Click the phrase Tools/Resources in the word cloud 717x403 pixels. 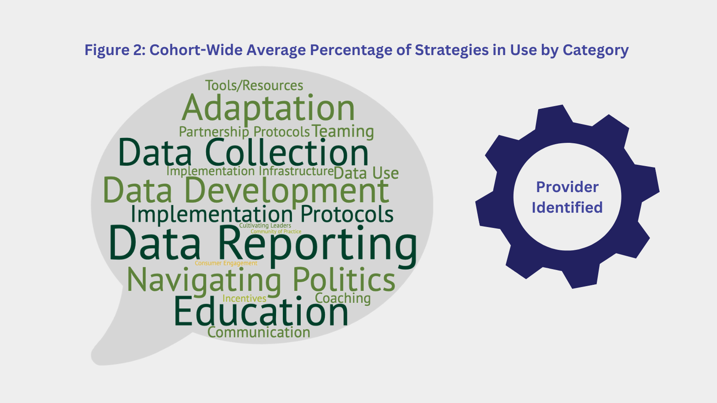[254, 86]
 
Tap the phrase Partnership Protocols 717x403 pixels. [244, 132]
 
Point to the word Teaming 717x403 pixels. [343, 132]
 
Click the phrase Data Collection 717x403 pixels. [244, 152]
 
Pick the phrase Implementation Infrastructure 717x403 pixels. [250, 171]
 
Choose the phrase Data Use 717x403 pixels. [366, 173]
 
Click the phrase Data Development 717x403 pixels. [246, 191]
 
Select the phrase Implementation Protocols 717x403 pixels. [262, 214]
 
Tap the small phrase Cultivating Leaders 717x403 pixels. [265, 226]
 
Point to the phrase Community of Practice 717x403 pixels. [276, 231]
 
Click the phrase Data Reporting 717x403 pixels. [263, 246]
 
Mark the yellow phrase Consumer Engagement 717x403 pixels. [226, 263]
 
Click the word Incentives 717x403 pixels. [244, 298]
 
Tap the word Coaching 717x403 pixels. [343, 298]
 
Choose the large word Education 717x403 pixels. [261, 311]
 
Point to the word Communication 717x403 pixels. [259, 332]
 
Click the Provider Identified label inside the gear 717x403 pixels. [567, 197]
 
